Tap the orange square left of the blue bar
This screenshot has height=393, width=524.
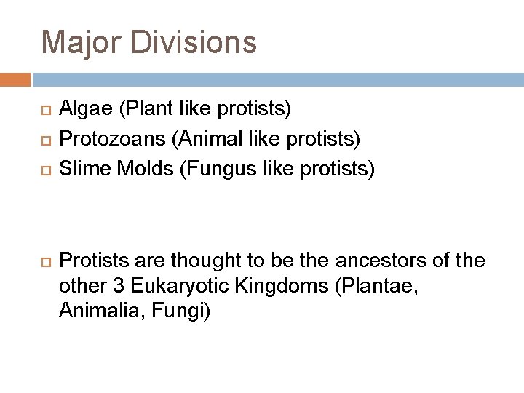[15, 79]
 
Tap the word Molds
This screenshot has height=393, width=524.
[135, 169]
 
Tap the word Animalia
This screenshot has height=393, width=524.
[90, 313]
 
